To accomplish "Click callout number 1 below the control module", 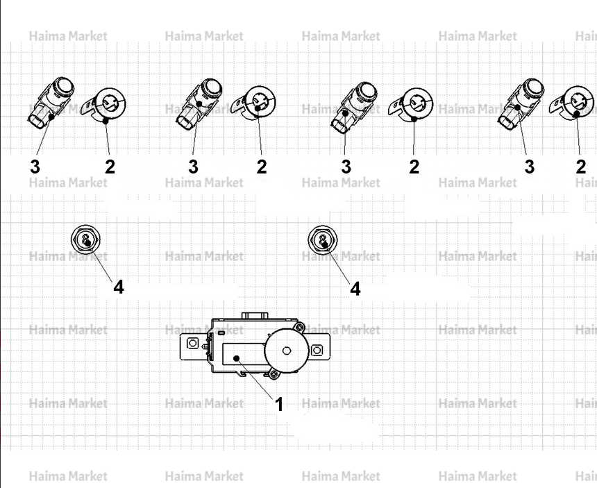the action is (x=279, y=404).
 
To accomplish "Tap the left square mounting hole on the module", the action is (x=193, y=344).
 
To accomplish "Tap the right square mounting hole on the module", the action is (x=317, y=350).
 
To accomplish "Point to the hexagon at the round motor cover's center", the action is (x=287, y=350).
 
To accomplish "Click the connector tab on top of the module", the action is (x=255, y=316).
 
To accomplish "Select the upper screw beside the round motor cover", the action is (x=300, y=327).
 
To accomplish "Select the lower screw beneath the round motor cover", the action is (x=274, y=374).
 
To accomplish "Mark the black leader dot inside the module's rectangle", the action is (x=237, y=358).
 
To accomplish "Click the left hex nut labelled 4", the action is (x=86, y=239).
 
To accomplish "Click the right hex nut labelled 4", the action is (x=323, y=239).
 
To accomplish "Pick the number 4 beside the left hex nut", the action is (x=119, y=287).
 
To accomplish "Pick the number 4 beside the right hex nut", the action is (x=355, y=289).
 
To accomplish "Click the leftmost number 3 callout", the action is (x=35, y=167).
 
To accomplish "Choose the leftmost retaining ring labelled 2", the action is (x=104, y=105).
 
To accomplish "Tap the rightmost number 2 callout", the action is (x=580, y=167).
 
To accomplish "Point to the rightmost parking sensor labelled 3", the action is (x=521, y=103).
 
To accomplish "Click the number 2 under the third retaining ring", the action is (x=414, y=167).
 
